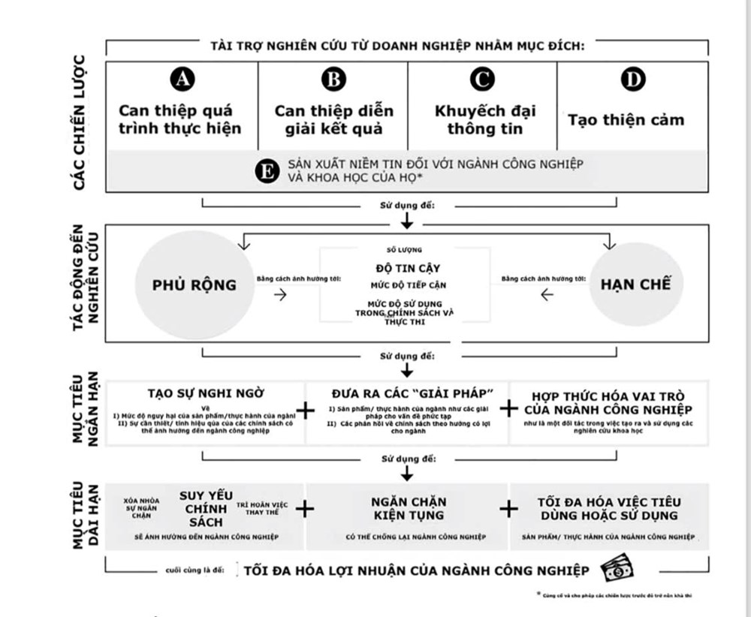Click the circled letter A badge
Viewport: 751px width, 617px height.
(182, 80)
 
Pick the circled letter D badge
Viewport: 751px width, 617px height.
(633, 80)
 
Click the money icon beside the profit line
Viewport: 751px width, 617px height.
(618, 568)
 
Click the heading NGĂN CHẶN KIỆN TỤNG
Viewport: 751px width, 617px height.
(408, 508)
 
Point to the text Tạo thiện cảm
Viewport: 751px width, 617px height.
(626, 120)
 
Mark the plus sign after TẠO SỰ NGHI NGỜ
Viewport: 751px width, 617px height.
(306, 410)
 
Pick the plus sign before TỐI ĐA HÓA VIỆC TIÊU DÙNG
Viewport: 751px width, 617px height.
(509, 508)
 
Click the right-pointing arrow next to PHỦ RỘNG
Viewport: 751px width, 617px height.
(281, 295)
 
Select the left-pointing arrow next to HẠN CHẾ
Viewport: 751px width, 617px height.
(547, 295)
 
